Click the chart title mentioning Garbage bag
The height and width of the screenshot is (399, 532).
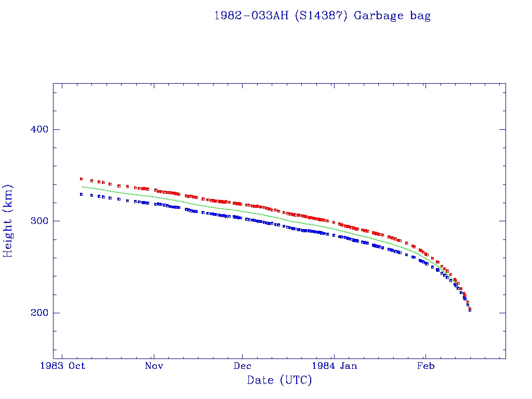pyautogui.click(x=322, y=16)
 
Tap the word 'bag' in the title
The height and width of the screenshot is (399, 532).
pyautogui.click(x=420, y=16)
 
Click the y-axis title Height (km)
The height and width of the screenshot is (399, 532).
pyautogui.click(x=8, y=221)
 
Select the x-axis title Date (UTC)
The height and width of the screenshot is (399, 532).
pyautogui.click(x=280, y=380)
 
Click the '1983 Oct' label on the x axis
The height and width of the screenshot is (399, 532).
pyautogui.click(x=62, y=366)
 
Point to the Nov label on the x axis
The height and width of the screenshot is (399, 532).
pyautogui.click(x=154, y=366)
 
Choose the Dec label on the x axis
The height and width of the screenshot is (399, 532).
pyautogui.click(x=243, y=366)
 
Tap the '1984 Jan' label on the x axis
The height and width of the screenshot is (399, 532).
pyautogui.click(x=335, y=366)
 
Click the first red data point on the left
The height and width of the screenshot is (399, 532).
pyautogui.click(x=81, y=179)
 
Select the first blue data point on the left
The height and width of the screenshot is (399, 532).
pyautogui.click(x=81, y=194)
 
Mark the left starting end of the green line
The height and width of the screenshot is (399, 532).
pyautogui.click(x=82, y=187)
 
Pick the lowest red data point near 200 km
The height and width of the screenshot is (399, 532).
pyautogui.click(x=470, y=309)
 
